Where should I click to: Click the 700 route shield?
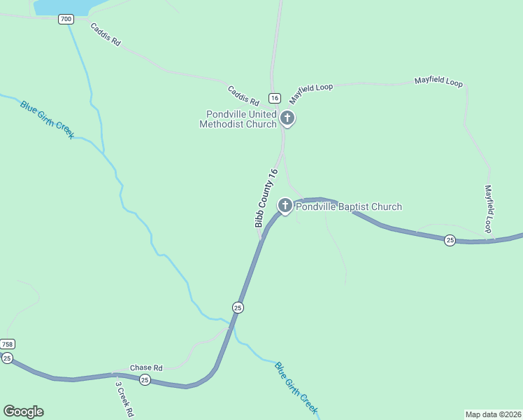point(66,19)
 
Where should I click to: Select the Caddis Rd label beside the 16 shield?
point(243,95)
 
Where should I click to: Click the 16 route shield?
point(274,98)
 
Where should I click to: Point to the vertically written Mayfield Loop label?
point(489,209)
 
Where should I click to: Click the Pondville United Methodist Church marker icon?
point(287,119)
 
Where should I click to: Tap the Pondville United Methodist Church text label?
point(238,120)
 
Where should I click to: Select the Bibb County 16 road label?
point(266,198)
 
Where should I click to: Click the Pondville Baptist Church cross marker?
point(285,206)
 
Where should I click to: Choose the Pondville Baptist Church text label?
point(349,206)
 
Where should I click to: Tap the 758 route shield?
point(7,344)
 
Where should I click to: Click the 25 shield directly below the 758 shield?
point(7,358)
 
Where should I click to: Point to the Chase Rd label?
point(147,367)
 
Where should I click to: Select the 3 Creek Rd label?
point(124,398)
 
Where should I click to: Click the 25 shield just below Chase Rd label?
point(145,379)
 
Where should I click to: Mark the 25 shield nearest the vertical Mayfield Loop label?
point(450,240)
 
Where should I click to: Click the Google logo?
point(23,412)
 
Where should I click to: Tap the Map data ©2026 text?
point(494,414)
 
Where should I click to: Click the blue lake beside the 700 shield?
point(63,6)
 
